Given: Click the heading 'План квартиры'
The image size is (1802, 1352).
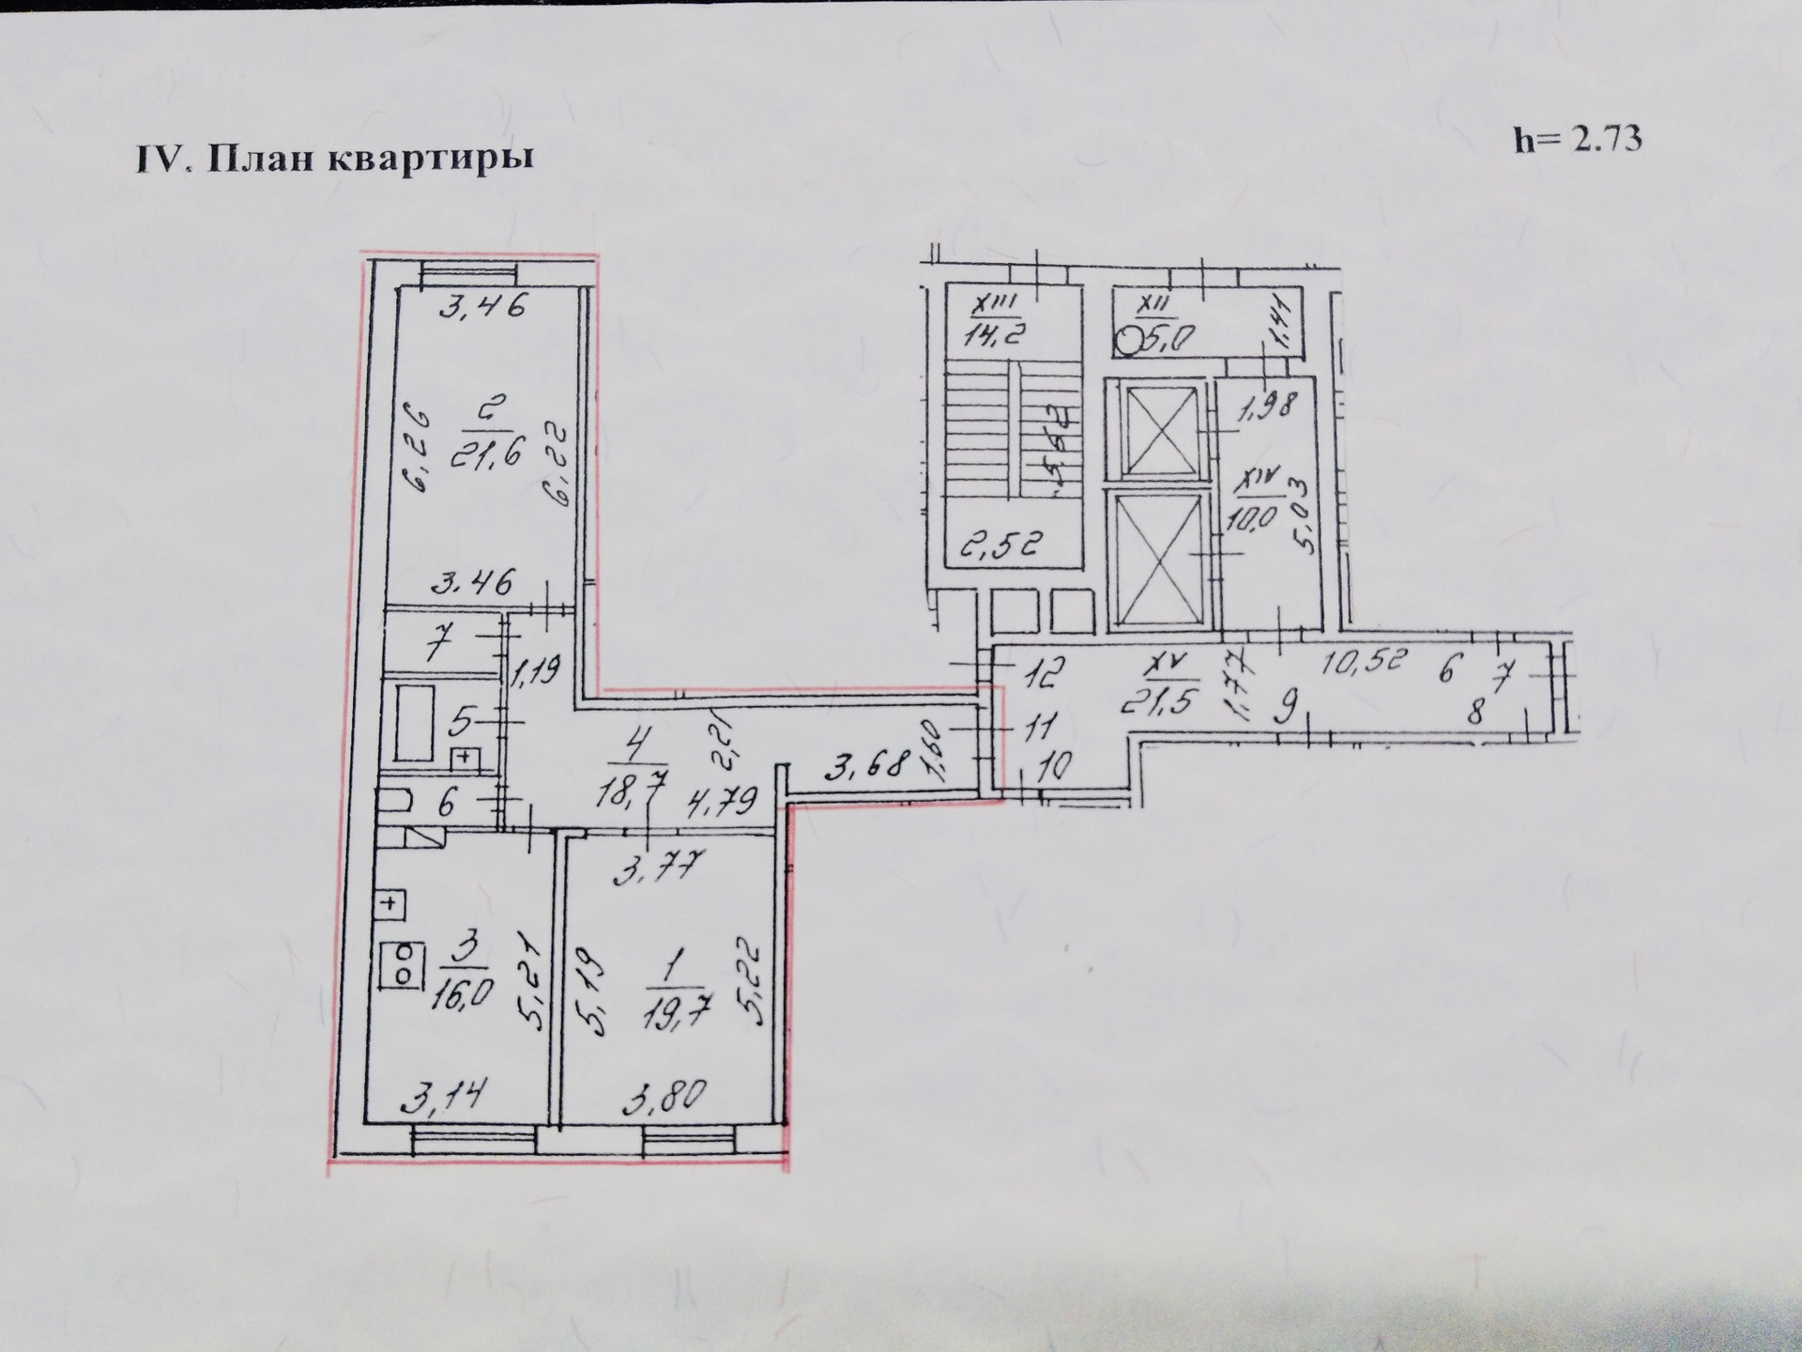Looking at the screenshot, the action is pos(369,157).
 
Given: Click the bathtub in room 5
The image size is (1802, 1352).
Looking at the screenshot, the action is pos(413,722).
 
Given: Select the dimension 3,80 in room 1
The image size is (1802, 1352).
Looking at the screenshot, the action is pos(665,1096).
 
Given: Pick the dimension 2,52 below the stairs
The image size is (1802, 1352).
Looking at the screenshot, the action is pos(1001,546).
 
